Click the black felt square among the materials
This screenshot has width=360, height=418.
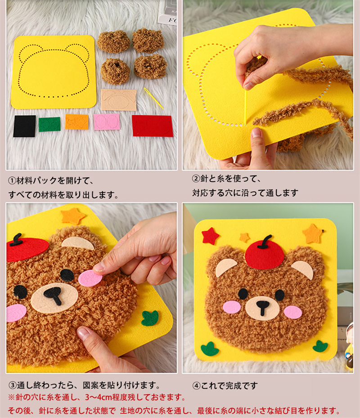click(x=24, y=126)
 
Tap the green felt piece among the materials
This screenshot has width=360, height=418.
click(x=49, y=124)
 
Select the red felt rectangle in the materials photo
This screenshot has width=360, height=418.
click(x=152, y=126)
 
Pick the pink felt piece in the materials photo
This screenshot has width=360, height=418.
click(x=107, y=121)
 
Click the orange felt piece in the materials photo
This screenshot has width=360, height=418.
click(x=77, y=122)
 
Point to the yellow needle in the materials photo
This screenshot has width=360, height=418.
click(x=153, y=98)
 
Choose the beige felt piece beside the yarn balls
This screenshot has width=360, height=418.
click(x=119, y=100)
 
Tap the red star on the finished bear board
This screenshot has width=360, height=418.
click(x=210, y=235)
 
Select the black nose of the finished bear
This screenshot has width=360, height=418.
click(x=264, y=306)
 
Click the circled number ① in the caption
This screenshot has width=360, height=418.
click(x=12, y=181)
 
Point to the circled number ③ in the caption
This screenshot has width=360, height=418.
click(x=12, y=386)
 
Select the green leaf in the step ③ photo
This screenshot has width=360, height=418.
click(x=150, y=318)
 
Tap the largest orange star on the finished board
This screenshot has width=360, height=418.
click(x=312, y=234)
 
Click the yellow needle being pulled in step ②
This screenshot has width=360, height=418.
click(x=246, y=106)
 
